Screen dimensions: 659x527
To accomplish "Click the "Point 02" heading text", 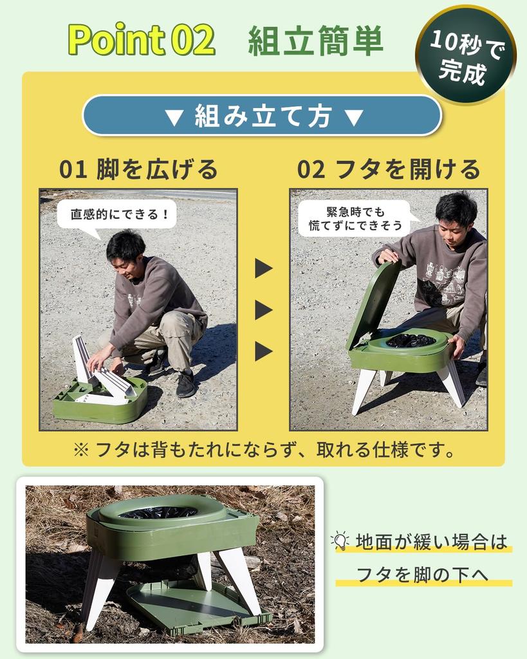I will tap(142, 40).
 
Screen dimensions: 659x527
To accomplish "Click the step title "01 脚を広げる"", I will tap(138, 169).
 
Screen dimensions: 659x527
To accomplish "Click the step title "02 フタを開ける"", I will tap(389, 169).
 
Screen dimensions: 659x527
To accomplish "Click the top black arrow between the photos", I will tap(263, 268).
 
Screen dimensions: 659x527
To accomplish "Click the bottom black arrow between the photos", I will tap(263, 351).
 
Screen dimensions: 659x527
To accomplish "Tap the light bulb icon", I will tap(340, 541).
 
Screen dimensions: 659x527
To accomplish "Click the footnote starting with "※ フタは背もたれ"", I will tap(264, 449).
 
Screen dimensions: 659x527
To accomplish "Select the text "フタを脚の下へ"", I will tap(423, 574).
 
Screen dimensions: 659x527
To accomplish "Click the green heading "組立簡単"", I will tap(315, 41).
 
